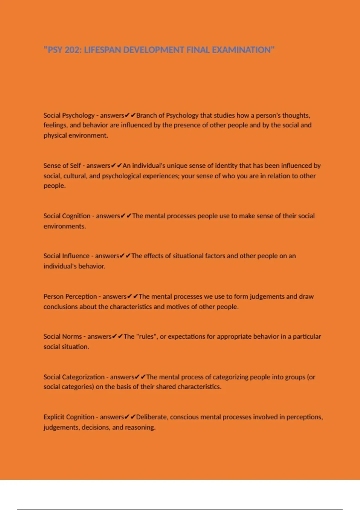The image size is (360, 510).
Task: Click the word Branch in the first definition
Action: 146,115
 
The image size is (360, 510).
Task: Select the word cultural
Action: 75,176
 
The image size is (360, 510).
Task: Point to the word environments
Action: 64,226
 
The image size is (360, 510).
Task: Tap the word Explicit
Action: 54,417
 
